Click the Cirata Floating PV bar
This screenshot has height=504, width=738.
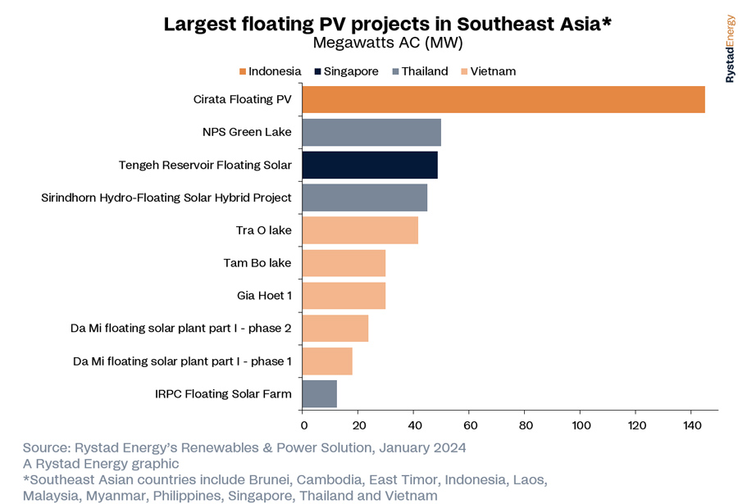pos(503,99)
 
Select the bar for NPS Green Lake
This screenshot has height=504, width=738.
pos(371,132)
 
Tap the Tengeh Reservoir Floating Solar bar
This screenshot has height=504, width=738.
pos(370,165)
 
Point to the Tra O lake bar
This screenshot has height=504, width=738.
pos(360,230)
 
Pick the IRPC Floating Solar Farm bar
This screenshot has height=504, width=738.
pos(320,394)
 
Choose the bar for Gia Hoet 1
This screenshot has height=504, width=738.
pos(344,296)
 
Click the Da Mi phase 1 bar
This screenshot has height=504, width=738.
pos(327,361)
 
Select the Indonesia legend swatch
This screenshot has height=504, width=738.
pos(243,71)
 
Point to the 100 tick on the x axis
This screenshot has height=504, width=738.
pos(581,425)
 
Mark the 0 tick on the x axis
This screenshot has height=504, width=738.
pos(303,425)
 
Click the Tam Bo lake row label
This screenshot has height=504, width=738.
pos(257,263)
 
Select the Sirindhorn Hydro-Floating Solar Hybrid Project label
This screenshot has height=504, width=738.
pos(166,198)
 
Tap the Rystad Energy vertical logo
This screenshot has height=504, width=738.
pos(730,49)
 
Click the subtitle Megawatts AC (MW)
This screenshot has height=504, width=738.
pos(388,43)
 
